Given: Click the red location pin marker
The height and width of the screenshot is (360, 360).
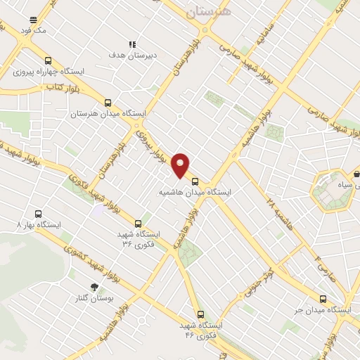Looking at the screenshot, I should click(x=181, y=165).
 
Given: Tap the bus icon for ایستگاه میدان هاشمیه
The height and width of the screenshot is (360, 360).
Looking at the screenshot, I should click(x=195, y=180).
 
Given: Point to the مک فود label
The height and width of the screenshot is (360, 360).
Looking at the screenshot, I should click(x=34, y=32).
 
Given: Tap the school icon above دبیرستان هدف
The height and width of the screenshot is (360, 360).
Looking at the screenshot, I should click(x=132, y=44).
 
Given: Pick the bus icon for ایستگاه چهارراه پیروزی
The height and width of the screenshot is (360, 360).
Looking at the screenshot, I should click(x=48, y=60).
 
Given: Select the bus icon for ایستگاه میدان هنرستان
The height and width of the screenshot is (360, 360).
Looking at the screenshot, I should click(x=108, y=102).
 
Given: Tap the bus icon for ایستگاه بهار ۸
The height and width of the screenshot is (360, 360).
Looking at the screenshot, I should click(x=38, y=214).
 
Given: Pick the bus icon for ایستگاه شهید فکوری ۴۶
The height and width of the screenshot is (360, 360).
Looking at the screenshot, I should click(x=201, y=314).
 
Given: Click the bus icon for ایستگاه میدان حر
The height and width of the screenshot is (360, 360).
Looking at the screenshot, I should click(x=323, y=299).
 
